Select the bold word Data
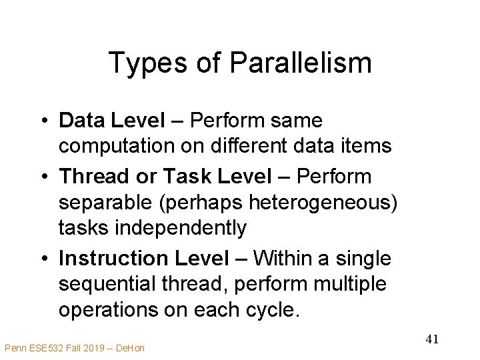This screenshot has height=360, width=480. coord(81,121)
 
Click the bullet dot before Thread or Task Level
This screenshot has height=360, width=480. coord(43,177)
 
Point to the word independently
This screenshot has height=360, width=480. coord(153,228)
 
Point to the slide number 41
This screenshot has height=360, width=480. coord(431,339)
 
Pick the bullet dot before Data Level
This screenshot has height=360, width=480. coord(43,121)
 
